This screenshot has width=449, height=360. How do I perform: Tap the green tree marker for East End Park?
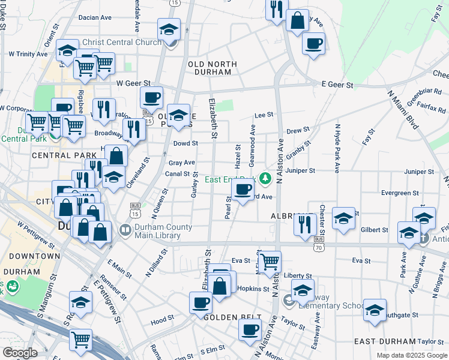263,179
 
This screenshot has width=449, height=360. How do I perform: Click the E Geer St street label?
337,85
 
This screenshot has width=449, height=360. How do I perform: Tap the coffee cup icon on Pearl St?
243,190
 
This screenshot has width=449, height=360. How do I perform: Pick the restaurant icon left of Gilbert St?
305,224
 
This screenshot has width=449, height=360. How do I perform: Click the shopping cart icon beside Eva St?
270,261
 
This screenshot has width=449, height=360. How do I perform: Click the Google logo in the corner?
20,353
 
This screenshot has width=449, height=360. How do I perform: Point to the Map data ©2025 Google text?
412,355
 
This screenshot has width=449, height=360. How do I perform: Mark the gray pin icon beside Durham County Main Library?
125,229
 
